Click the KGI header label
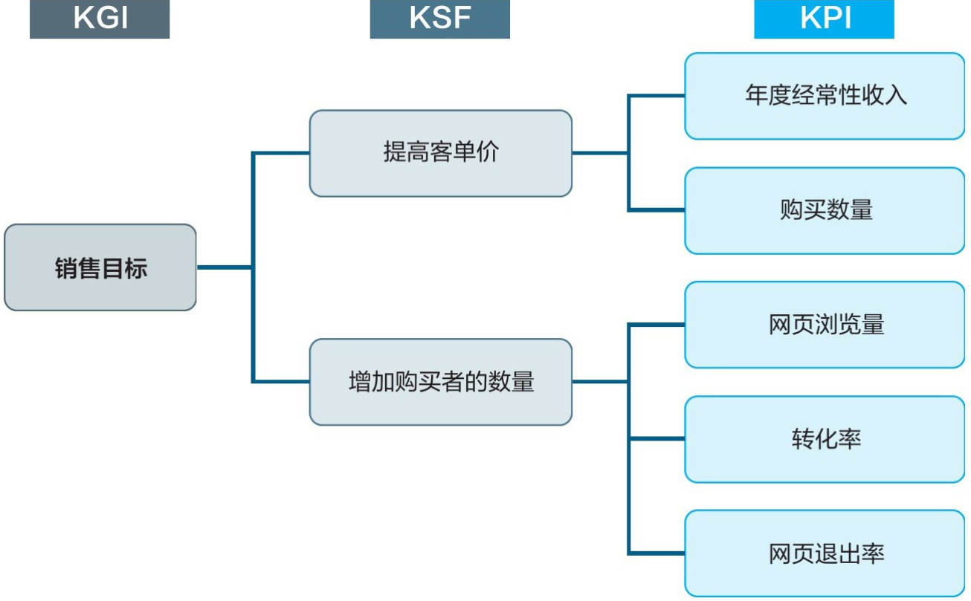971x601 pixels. [x=100, y=19]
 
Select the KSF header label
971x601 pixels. [x=439, y=19]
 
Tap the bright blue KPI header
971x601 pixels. [x=824, y=19]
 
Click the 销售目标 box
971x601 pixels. [x=100, y=267]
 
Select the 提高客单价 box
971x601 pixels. [x=441, y=153]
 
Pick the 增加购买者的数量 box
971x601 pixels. [x=441, y=382]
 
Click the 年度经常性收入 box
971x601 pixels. [x=825, y=96]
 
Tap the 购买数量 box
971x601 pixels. [x=825, y=210]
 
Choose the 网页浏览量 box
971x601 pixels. [x=825, y=325]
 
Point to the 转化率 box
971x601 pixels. [x=825, y=439]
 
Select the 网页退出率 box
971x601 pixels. [x=825, y=553]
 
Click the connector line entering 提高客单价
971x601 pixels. [x=281, y=154]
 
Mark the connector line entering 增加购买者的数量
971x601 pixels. [x=281, y=382]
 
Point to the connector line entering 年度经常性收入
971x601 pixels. [x=657, y=96]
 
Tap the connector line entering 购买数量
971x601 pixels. [x=657, y=210]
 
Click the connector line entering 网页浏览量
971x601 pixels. [x=657, y=325]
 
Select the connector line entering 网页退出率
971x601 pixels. [x=657, y=553]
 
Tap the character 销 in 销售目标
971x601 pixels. [x=66, y=268]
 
